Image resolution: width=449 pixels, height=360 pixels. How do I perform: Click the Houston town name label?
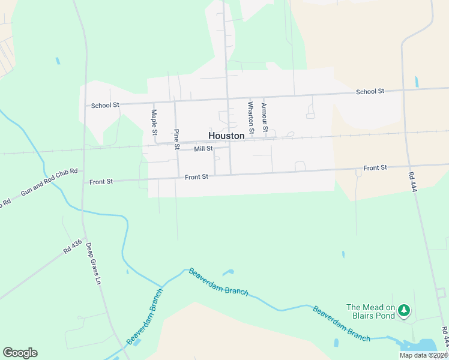[226, 136]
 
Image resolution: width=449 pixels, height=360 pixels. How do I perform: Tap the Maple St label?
[154, 122]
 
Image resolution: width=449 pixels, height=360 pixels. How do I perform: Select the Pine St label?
[176, 139]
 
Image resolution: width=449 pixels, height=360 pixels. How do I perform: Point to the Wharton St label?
[251, 117]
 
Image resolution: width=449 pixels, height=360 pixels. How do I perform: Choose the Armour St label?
[264, 115]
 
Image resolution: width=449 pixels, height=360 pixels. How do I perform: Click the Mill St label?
[203, 149]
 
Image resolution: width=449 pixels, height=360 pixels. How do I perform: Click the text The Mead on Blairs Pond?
[371, 313]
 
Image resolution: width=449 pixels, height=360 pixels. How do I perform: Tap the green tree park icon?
[405, 310]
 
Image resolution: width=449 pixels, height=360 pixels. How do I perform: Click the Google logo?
[20, 353]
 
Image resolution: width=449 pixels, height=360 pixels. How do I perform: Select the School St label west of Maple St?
[105, 105]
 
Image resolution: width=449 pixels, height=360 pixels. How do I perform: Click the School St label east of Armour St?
[370, 91]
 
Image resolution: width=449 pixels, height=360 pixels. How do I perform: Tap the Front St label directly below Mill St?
[196, 177]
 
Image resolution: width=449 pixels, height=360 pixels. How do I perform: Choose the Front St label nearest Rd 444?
[375, 167]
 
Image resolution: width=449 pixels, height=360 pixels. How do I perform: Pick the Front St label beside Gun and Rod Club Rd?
[101, 181]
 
